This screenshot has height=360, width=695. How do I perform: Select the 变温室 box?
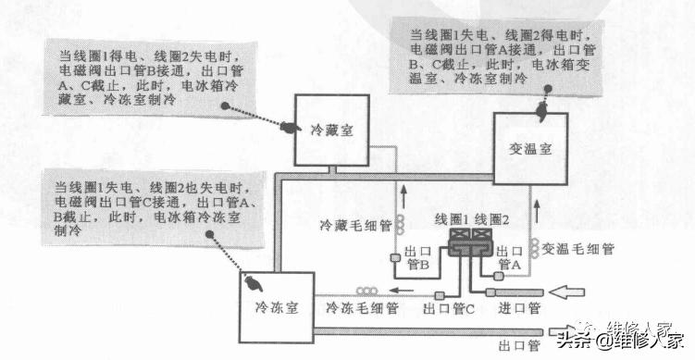[x=530, y=148]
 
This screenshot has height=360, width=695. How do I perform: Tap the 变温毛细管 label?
[x=579, y=249]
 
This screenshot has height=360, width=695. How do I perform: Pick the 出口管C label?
[x=448, y=307]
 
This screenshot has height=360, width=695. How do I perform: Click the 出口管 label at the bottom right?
[x=518, y=345]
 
